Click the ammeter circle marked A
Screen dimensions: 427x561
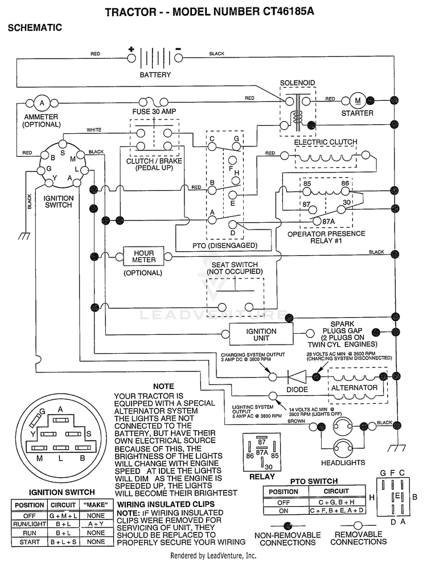[x=42, y=104]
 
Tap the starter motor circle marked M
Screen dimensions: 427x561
[x=358, y=101]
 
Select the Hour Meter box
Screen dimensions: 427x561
[x=144, y=256]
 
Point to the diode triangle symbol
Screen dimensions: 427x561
[x=297, y=376]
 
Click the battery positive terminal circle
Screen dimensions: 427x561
[x=132, y=58]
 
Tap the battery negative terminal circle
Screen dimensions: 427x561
[x=178, y=58]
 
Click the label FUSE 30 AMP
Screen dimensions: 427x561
[x=154, y=111]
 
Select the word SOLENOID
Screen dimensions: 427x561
[x=297, y=83]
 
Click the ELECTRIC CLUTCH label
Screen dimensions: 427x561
[x=326, y=142]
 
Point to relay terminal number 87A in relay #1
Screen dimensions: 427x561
[x=329, y=222]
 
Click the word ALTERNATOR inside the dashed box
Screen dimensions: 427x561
[x=354, y=388]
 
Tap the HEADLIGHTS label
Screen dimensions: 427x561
[x=343, y=462]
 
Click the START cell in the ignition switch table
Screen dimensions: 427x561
[x=30, y=542]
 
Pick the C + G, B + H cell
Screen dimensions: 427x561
[x=337, y=502]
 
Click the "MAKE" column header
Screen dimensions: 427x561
[x=96, y=505]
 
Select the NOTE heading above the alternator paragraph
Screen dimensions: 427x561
[x=163, y=386]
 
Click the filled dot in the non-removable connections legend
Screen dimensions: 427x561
[x=287, y=526]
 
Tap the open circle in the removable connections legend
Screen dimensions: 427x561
[x=358, y=526]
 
